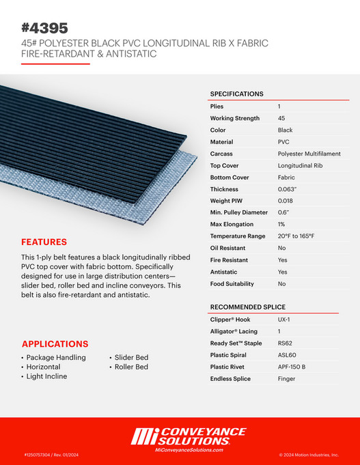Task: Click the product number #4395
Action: click(x=44, y=28)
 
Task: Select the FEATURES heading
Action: click(x=44, y=242)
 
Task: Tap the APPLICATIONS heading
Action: click(x=55, y=344)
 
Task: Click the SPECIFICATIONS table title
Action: click(x=236, y=94)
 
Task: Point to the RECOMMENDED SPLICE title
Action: click(x=247, y=307)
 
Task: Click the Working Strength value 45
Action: click(x=282, y=118)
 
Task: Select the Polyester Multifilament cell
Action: click(x=309, y=154)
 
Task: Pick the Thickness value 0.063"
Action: click(x=288, y=189)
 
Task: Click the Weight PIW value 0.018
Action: click(x=286, y=201)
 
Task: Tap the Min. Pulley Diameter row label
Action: click(x=238, y=212)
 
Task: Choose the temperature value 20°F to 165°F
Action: click(x=296, y=236)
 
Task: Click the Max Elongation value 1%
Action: click(x=282, y=225)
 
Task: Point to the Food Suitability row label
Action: click(x=232, y=283)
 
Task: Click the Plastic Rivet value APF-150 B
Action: click(x=292, y=367)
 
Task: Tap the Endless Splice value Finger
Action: click(x=287, y=378)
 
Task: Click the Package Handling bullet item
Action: click(x=56, y=357)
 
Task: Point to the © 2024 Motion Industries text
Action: click(x=309, y=454)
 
